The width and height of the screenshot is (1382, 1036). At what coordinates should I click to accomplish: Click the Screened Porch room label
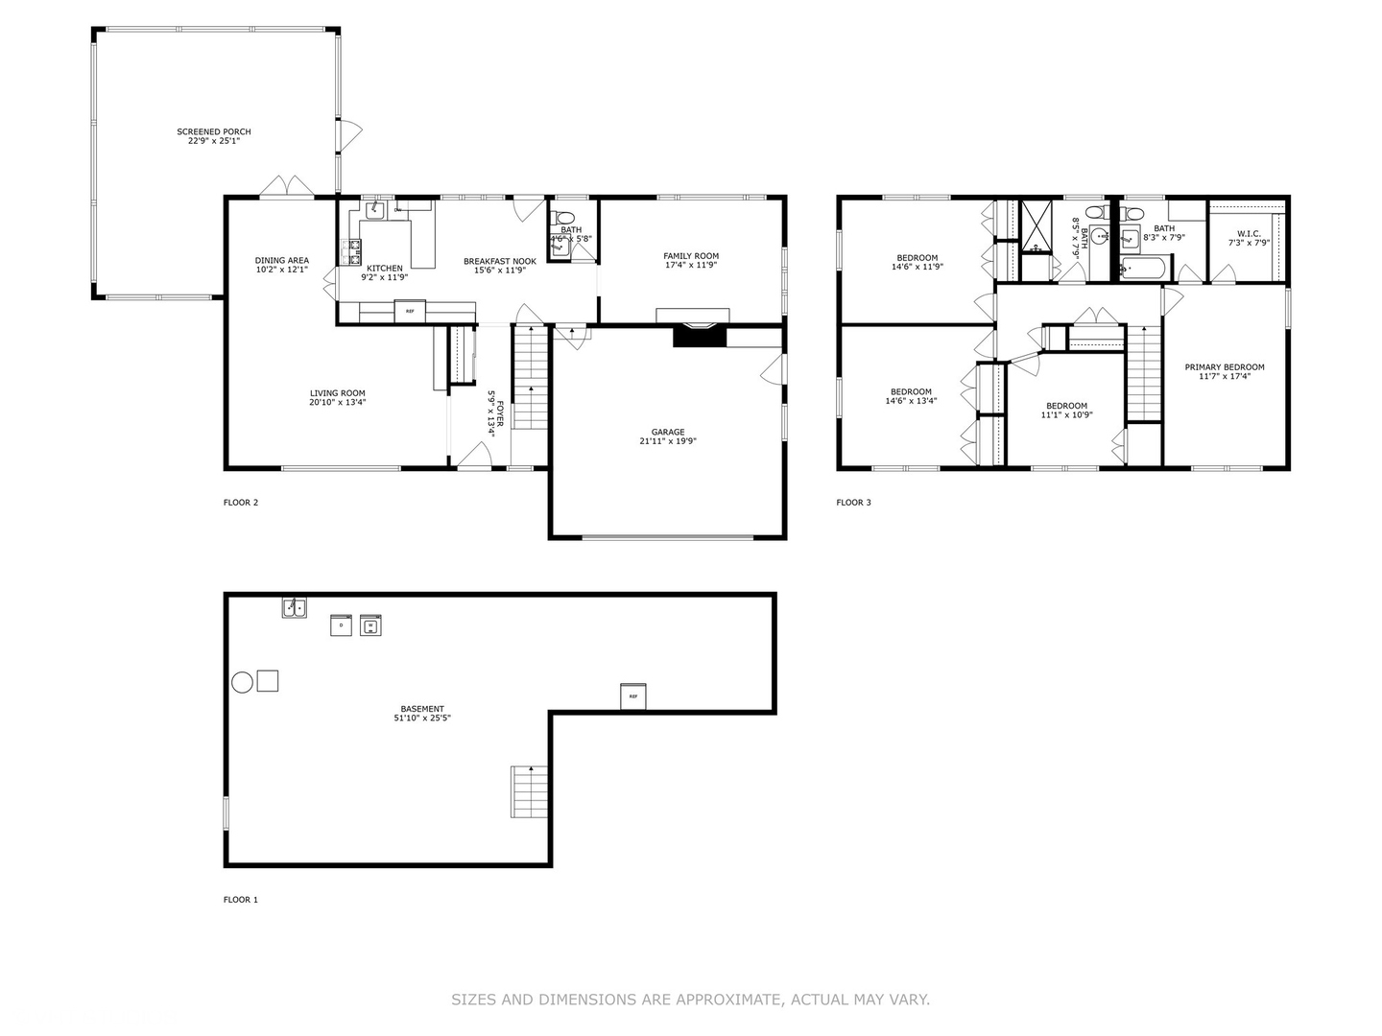[213, 131]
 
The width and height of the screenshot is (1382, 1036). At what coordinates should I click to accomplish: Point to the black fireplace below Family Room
[695, 335]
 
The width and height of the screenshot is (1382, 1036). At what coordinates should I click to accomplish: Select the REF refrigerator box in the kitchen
[410, 311]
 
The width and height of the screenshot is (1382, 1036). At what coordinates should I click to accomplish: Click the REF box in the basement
[632, 696]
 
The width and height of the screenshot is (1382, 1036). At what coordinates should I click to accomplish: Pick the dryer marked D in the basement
[341, 625]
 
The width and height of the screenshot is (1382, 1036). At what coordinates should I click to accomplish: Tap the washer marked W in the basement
[370, 625]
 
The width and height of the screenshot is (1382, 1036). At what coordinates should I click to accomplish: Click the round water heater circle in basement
[242, 682]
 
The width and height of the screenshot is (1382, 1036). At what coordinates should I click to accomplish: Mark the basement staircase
[530, 791]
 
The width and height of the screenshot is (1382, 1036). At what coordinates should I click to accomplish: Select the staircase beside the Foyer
[530, 377]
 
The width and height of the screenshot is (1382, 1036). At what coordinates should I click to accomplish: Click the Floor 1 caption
[241, 900]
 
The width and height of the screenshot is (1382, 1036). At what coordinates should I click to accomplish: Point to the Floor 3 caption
[853, 503]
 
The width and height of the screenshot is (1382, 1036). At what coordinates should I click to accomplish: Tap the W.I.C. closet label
[1249, 233]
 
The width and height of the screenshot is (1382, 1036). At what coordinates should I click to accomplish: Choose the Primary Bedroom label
[1224, 366]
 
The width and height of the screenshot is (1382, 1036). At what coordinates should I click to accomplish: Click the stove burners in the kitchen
[350, 251]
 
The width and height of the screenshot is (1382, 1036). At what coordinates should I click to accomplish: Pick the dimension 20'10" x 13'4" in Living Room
[337, 403]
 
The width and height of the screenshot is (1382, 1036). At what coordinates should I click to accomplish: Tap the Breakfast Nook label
[499, 261]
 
